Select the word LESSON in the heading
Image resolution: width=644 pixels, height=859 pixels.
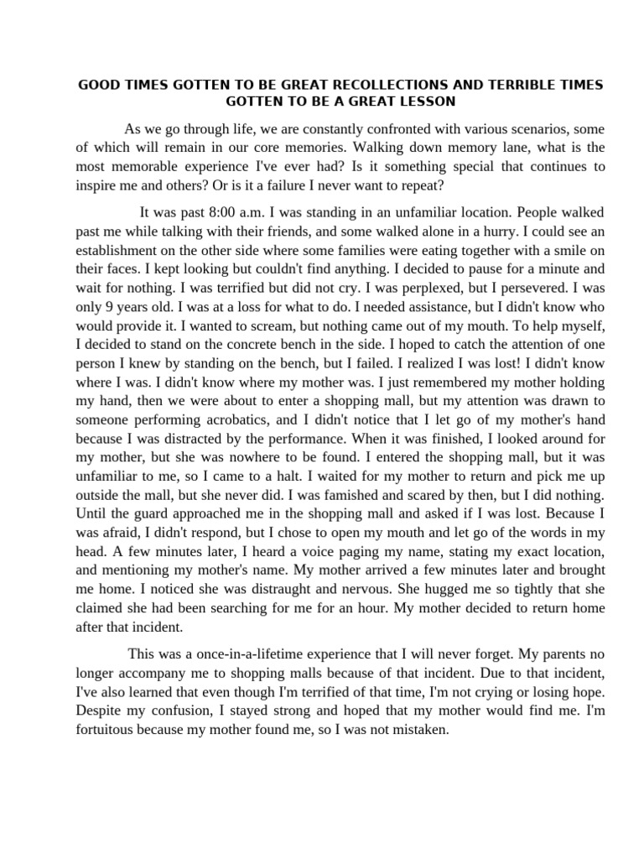coord(427,102)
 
